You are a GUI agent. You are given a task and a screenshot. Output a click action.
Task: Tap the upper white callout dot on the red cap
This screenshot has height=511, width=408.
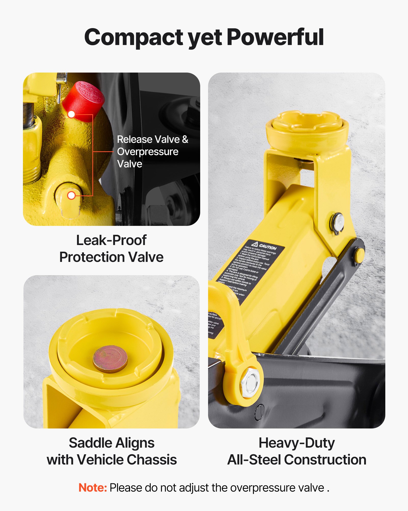click(72, 114)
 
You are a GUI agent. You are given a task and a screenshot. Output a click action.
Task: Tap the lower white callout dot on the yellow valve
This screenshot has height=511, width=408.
click(71, 195)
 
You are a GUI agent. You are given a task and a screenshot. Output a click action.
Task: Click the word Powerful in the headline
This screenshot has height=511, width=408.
click(275, 37)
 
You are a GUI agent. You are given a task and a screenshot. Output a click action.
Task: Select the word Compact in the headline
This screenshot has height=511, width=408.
click(134, 38)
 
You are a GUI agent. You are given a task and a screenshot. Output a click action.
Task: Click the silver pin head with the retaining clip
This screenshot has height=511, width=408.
click(338, 221)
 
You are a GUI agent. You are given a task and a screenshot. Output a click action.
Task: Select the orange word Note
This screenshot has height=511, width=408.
click(92, 488)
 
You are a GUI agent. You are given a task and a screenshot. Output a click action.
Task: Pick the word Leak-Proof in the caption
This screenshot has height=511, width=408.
click(111, 240)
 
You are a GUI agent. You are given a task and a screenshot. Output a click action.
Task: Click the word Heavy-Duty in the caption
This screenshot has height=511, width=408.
click(297, 443)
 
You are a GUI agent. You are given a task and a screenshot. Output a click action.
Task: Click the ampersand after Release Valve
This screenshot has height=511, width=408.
click(185, 140)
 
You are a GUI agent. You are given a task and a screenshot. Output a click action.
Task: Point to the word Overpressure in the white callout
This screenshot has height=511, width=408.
click(148, 152)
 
